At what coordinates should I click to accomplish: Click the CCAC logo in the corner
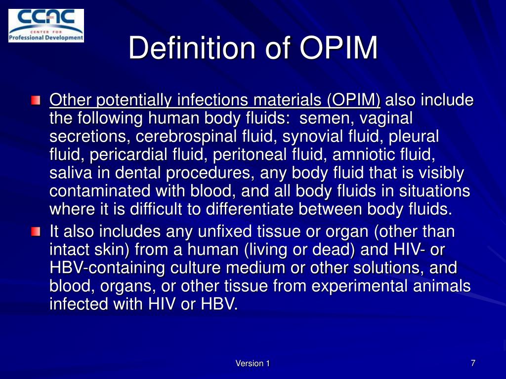click(46, 26)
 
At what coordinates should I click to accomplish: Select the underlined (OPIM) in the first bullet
click(354, 100)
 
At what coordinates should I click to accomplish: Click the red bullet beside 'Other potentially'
click(36, 100)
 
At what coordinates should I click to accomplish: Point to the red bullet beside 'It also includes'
click(36, 231)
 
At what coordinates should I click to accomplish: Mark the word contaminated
click(100, 191)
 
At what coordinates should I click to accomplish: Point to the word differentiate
click(250, 209)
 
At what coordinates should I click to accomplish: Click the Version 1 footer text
click(253, 364)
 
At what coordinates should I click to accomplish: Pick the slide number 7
click(473, 363)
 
